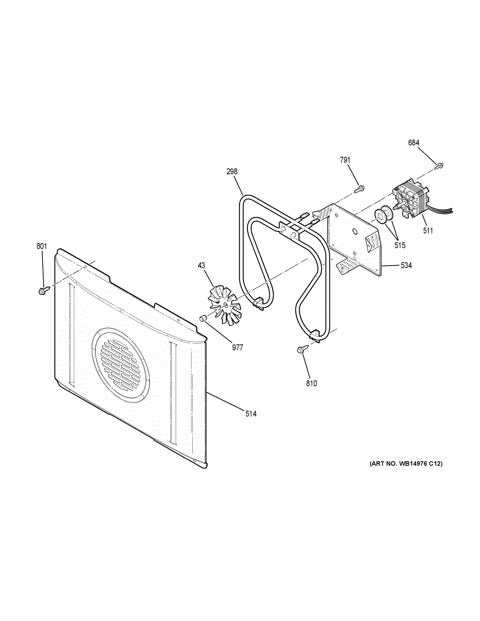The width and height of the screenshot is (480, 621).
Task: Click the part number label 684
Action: click(413, 143)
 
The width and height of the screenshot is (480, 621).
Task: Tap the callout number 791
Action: click(345, 160)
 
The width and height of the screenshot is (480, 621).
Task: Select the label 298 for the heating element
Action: click(232, 172)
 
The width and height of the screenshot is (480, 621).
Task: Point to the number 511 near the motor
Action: click(428, 231)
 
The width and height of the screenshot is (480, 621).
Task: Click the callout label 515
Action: click(400, 245)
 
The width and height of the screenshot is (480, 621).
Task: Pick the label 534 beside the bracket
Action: click(406, 265)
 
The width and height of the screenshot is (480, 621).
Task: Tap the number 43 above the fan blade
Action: click(201, 265)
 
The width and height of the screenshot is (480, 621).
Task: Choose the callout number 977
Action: click(238, 348)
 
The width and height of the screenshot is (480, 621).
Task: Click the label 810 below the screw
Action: click(311, 383)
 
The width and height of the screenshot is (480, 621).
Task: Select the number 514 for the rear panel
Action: click(251, 414)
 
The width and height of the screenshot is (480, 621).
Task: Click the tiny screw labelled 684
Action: click(440, 165)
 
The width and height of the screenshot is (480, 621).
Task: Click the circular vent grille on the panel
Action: click(121, 365)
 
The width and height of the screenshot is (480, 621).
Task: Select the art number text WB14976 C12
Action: click(406, 464)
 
